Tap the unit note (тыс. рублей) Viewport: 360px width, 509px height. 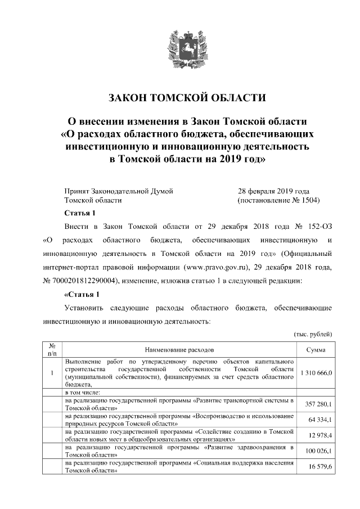pyautogui.click(x=313, y=334)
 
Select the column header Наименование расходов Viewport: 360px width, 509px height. pyautogui.click(x=179, y=350)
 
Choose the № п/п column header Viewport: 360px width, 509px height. pyautogui.click(x=52, y=349)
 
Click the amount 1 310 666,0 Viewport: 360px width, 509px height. pyautogui.click(x=317, y=373)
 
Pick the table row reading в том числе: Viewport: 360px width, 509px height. pyautogui.click(x=82, y=392)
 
